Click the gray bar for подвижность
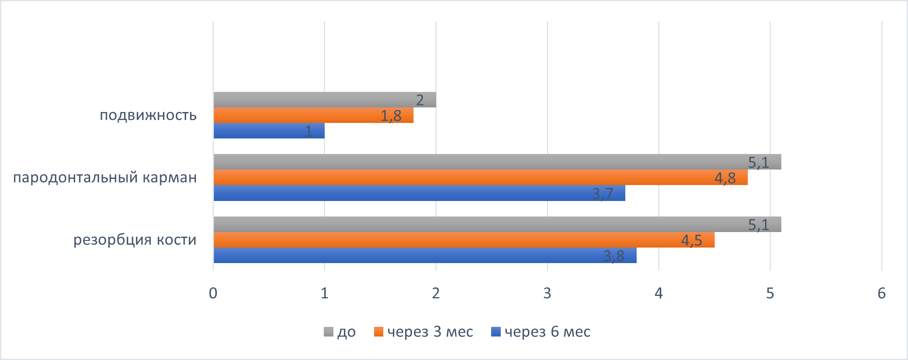point(325,100)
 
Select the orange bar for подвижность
point(313,115)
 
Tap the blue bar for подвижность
point(269,131)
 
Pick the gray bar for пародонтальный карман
point(497,162)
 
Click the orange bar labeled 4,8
point(480,177)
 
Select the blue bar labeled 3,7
point(419,193)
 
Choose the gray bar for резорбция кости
point(497,224)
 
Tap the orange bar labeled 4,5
point(464,240)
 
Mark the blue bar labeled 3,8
point(425,256)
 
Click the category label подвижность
point(148,115)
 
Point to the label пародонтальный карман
point(105,177)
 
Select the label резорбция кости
point(135,240)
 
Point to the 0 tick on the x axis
point(213,293)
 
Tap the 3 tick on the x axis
point(547,293)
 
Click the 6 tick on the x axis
point(881,293)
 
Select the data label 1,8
point(391,116)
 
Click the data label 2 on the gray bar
point(420,100)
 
